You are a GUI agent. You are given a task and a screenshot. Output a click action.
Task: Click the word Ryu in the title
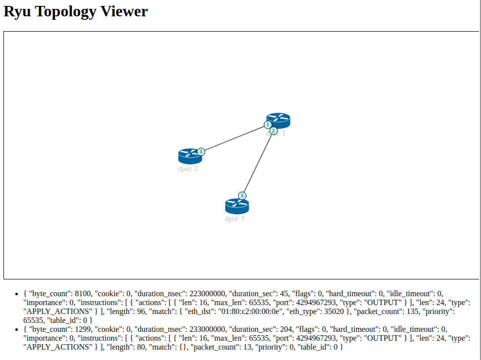18,11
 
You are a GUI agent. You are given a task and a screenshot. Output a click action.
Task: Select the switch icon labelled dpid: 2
189,156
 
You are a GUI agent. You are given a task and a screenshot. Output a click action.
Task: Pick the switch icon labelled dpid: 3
237,206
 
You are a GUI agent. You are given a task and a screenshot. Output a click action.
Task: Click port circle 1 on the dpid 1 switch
268,125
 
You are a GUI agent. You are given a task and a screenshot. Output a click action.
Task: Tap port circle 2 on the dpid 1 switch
273,131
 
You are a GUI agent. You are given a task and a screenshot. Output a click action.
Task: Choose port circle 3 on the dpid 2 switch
201,151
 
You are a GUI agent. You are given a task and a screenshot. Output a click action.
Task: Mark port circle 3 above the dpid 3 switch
242,195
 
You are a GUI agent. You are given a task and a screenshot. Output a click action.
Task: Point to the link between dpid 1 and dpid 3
257,164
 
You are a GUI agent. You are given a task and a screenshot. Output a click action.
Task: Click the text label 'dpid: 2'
188,169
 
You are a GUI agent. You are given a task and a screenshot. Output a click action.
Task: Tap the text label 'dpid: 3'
235,219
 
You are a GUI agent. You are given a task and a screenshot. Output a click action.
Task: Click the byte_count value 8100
83,294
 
